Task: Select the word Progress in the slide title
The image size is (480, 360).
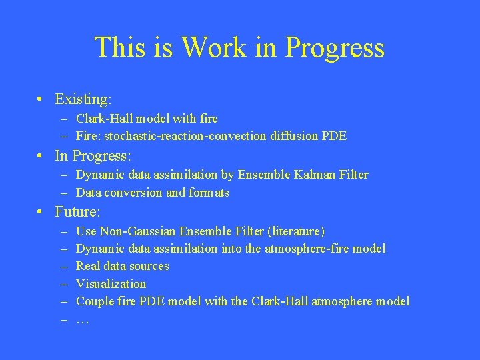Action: click(x=335, y=48)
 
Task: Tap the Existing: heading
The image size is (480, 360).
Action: click(x=83, y=99)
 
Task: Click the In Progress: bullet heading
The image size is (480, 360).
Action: click(x=93, y=156)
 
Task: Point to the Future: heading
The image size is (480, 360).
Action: click(x=77, y=213)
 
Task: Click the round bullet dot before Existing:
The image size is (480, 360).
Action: click(x=41, y=100)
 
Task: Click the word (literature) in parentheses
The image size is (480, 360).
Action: click(x=295, y=231)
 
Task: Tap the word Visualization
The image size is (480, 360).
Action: click(x=111, y=283)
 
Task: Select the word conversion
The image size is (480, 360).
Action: click(x=134, y=193)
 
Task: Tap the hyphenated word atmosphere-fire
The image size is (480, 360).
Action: click(x=307, y=249)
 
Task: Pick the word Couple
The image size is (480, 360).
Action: click(x=95, y=301)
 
